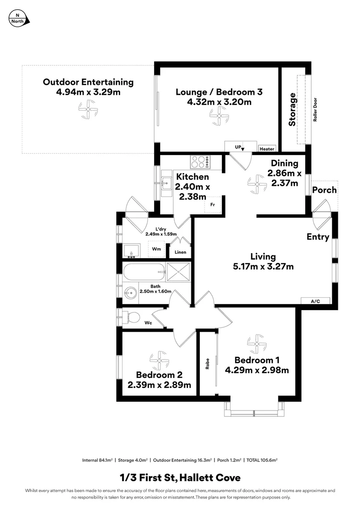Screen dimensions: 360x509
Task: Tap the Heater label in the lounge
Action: click(267, 149)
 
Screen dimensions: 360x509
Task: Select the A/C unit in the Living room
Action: click(315, 301)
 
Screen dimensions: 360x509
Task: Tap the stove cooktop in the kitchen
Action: click(200, 162)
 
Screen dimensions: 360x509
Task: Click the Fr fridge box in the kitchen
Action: click(213, 205)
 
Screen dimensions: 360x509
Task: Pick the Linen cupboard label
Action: click(180, 252)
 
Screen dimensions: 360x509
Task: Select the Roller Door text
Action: click(315, 110)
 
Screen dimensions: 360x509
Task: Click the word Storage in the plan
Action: click(293, 109)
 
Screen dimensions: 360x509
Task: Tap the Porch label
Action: click(325, 190)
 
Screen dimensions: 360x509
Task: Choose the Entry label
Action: click(318, 237)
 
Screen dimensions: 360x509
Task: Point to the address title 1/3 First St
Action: click(180, 477)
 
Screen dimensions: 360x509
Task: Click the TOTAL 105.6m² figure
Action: click(263, 460)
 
